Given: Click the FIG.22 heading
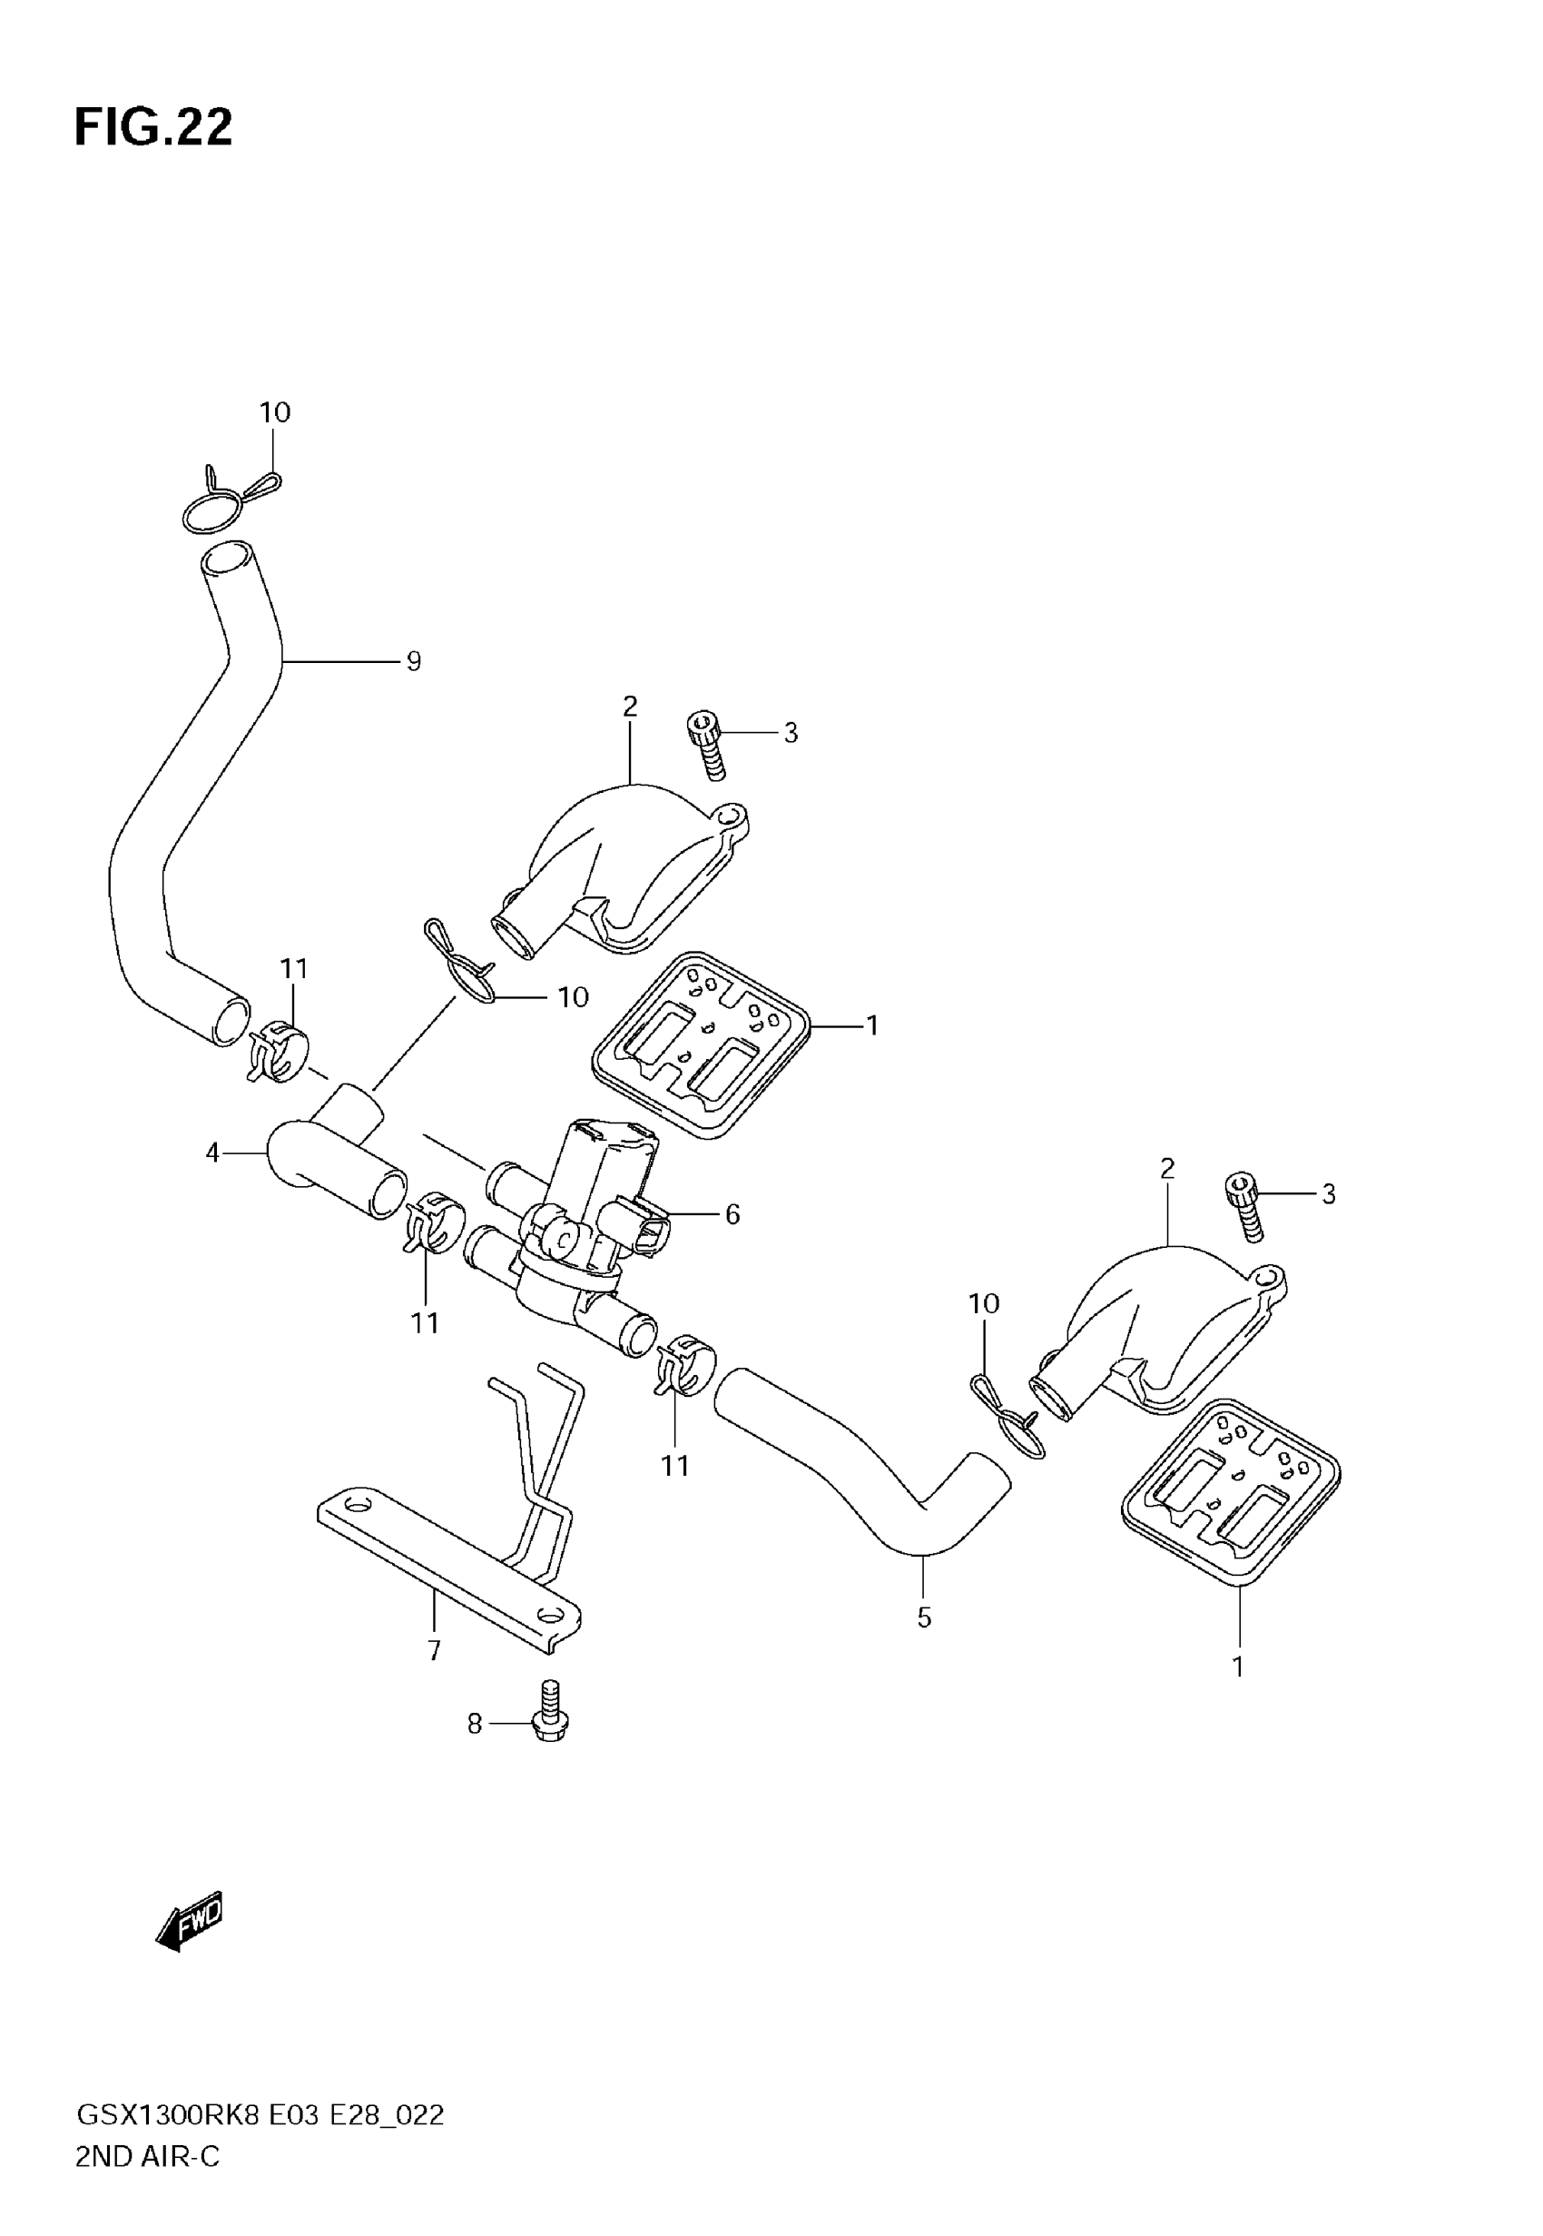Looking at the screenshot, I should click(153, 128).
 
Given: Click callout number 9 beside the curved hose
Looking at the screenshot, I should click(414, 661).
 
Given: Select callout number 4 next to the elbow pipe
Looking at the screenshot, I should click(212, 1152).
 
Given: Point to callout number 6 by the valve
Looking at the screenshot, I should click(732, 1213).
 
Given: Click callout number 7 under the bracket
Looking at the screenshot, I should click(434, 1650).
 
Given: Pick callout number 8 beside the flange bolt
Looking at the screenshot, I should click(474, 1724).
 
